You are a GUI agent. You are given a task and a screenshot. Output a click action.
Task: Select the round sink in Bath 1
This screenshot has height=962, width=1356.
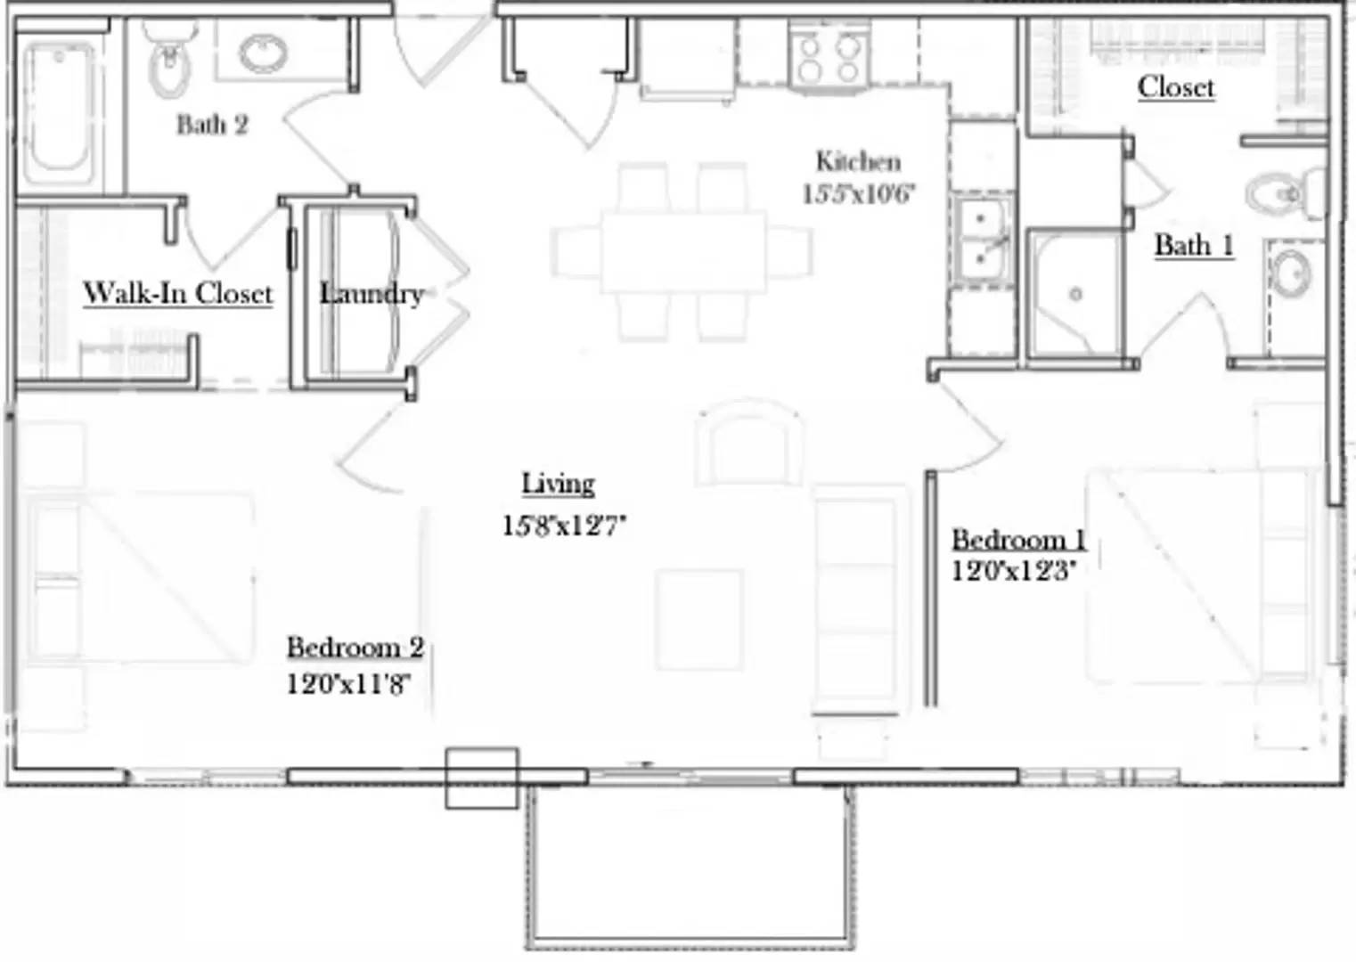tap(1290, 273)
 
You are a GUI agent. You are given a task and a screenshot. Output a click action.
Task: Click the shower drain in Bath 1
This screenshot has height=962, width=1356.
tap(1075, 294)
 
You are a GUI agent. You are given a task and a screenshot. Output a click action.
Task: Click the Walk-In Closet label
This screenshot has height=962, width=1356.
tap(177, 293)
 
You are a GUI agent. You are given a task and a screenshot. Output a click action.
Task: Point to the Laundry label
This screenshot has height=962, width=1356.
tap(371, 293)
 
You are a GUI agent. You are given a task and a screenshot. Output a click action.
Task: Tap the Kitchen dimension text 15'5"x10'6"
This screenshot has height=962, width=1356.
tap(858, 194)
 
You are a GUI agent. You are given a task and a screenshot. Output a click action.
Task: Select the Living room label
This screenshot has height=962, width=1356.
tap(558, 484)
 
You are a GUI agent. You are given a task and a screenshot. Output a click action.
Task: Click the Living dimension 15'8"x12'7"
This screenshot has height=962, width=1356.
tap(564, 526)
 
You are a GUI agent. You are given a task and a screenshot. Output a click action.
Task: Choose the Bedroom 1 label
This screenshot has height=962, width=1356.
tap(1018, 539)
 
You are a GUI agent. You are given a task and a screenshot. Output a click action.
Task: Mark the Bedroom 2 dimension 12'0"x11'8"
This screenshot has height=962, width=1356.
tap(348, 684)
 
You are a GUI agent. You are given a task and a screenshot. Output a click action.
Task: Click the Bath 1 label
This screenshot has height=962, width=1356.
tap(1194, 245)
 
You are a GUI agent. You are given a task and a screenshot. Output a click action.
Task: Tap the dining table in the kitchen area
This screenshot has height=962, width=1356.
tap(683, 252)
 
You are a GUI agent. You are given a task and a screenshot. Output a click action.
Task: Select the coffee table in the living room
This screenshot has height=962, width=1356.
tap(699, 619)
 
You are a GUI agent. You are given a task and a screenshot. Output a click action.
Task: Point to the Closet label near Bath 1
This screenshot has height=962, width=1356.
tap(1176, 87)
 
